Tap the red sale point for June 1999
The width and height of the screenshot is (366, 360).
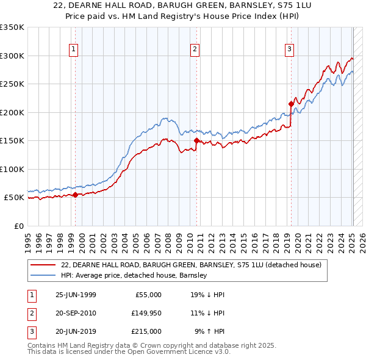(76, 195)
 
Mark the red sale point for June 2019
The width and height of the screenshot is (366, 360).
(291, 104)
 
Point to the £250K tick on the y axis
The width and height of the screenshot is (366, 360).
(12, 84)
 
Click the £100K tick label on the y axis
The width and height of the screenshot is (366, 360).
(12, 169)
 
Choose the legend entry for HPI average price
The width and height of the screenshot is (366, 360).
(134, 275)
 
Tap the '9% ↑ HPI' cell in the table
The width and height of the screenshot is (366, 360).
(209, 331)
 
